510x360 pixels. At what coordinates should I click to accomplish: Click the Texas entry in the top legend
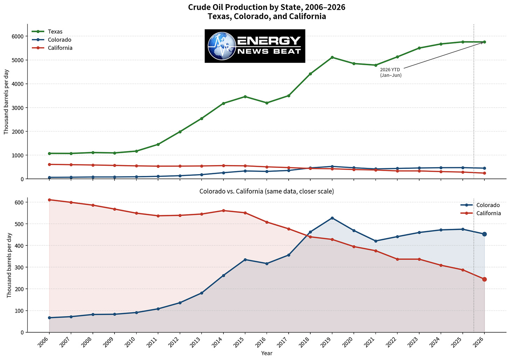[x=47, y=32]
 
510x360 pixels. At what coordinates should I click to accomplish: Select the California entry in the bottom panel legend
[x=481, y=213]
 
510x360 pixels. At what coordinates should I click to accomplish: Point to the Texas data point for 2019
[x=332, y=57]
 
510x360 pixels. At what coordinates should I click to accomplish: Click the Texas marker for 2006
[x=49, y=154]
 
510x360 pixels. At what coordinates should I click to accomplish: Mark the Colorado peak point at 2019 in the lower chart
[x=332, y=218]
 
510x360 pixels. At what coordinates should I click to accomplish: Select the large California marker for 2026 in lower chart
[x=484, y=279]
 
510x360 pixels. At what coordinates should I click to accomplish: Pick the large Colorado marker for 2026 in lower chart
[x=484, y=234]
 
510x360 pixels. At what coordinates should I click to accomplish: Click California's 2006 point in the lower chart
[x=49, y=200]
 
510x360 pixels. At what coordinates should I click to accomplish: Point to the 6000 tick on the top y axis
[x=18, y=36]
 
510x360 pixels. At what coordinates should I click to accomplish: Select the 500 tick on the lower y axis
[x=19, y=224]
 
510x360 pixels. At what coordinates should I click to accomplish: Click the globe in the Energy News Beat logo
[x=222, y=46]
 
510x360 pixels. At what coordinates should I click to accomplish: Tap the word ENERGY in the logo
[x=269, y=41]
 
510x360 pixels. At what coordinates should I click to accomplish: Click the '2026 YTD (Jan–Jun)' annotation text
[x=391, y=73]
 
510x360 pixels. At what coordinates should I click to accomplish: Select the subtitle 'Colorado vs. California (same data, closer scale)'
[x=267, y=191]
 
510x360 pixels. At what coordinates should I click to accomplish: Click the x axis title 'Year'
[x=267, y=353]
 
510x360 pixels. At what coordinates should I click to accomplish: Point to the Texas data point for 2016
[x=267, y=103]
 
